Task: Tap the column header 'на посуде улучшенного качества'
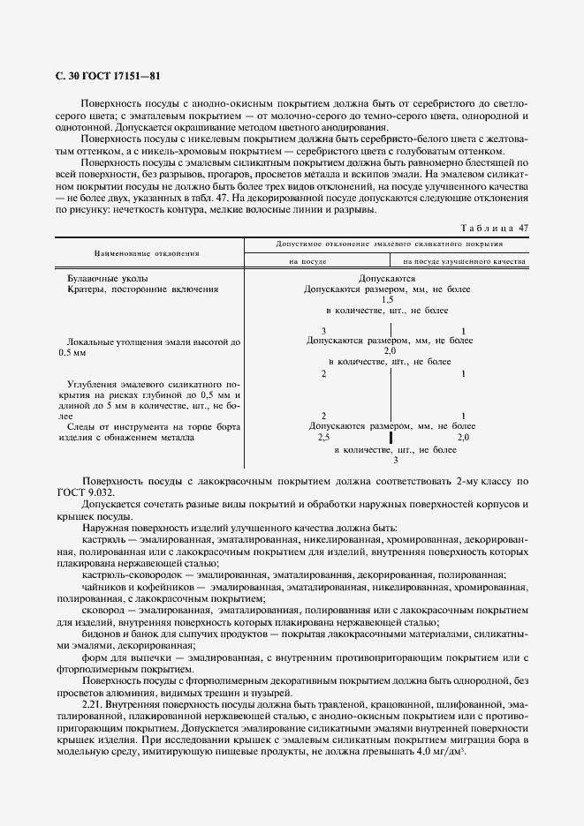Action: coord(465,262)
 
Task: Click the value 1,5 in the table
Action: coord(387,300)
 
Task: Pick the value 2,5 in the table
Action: coord(323,437)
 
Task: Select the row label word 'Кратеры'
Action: coord(87,289)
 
